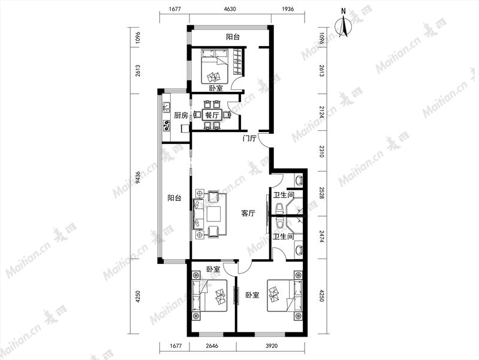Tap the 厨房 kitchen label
181,116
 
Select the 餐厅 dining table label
212,115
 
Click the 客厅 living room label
248,213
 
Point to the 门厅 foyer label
249,138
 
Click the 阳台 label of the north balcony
233,37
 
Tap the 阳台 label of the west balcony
174,198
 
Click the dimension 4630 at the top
230,9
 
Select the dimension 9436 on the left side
138,178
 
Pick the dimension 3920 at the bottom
272,346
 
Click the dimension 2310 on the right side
321,151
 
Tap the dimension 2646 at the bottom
212,346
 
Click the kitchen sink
167,107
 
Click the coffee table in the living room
214,214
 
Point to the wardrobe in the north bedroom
237,61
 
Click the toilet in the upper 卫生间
279,208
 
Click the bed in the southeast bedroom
285,295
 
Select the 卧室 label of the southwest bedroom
213,269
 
